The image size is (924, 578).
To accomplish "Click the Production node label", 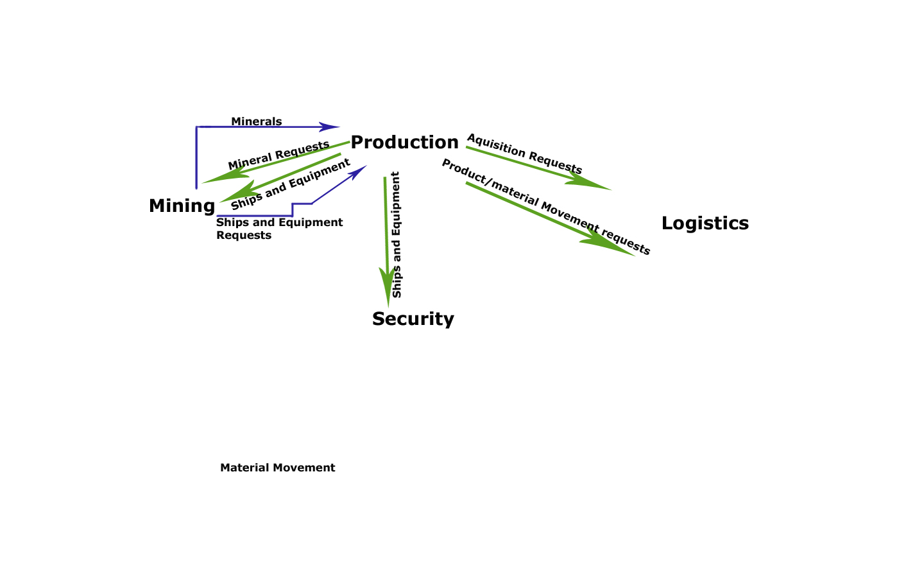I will click(x=404, y=142).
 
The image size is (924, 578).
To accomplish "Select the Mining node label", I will click(x=182, y=206).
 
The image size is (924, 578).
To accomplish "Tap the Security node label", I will click(x=413, y=319).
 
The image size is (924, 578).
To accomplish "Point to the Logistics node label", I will click(x=705, y=223).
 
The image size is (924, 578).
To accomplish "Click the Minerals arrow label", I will click(x=256, y=121).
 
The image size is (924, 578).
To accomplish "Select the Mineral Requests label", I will click(x=278, y=155).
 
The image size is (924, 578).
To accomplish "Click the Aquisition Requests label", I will click(x=524, y=154).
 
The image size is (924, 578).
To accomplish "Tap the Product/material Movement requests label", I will click(x=546, y=207).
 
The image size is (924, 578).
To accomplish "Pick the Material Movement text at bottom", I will click(x=277, y=468).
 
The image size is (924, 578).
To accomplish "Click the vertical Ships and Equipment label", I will click(x=396, y=234).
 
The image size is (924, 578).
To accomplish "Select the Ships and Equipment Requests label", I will click(x=279, y=229).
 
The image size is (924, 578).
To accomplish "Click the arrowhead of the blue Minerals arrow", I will click(x=331, y=127).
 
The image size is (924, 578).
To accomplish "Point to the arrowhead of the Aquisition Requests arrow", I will click(x=594, y=184).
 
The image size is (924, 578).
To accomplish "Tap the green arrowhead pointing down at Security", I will click(x=388, y=289).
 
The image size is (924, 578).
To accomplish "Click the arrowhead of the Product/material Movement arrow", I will click(x=613, y=247).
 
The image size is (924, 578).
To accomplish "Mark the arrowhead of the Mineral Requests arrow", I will click(x=221, y=177).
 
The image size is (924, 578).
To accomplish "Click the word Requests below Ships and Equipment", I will click(x=244, y=235).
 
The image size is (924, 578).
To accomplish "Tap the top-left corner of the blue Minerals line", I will click(x=197, y=127).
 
